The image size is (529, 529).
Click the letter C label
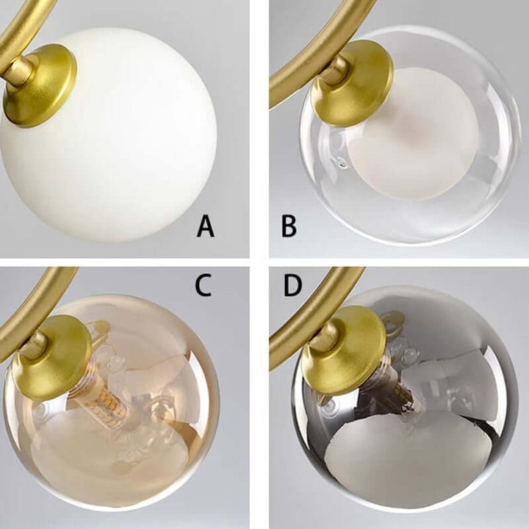pos(203,285)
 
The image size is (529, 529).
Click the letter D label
pos(293,285)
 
